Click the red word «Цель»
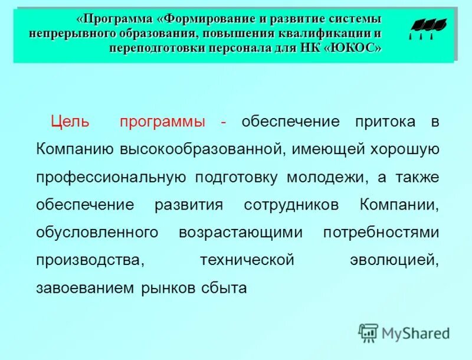(70, 122)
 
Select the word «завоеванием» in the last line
(85, 288)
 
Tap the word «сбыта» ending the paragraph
(224, 288)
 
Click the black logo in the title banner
(427, 27)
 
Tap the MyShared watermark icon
(368, 333)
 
